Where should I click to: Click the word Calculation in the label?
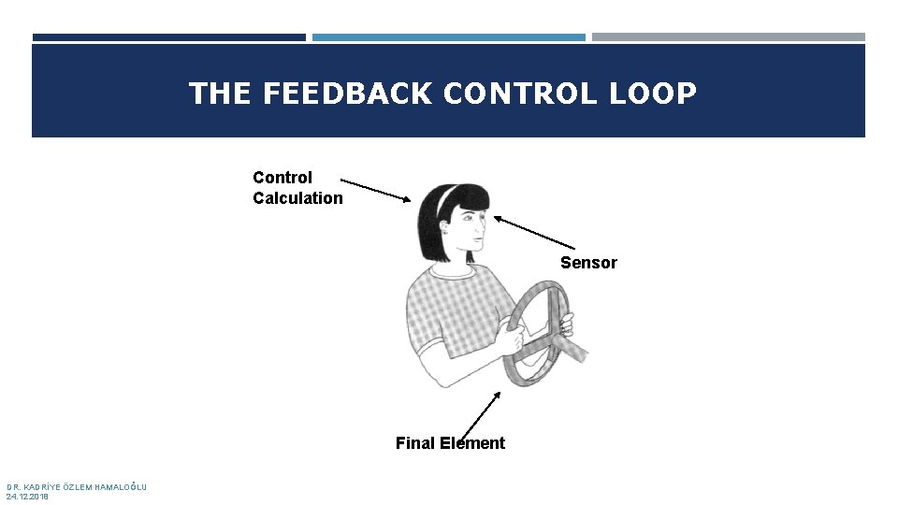pyautogui.click(x=297, y=198)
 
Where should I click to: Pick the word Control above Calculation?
pyautogui.click(x=282, y=178)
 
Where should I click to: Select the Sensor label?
pyautogui.click(x=588, y=263)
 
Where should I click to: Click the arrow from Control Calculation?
pyautogui.click(x=374, y=189)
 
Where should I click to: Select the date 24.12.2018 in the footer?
pyautogui.click(x=27, y=497)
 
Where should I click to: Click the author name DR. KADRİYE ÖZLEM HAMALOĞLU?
pyautogui.click(x=76, y=486)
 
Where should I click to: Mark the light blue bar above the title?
pyautogui.click(x=448, y=37)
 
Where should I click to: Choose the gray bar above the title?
pyautogui.click(x=728, y=37)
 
